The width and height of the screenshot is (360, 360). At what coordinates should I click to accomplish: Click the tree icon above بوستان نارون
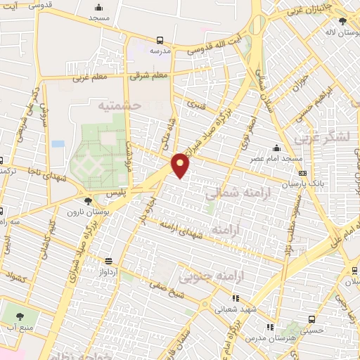coord(87,201)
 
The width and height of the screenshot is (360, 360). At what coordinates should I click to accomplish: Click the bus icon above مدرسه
coord(160,40)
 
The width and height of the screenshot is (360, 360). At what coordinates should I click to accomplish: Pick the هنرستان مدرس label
coord(271,337)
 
